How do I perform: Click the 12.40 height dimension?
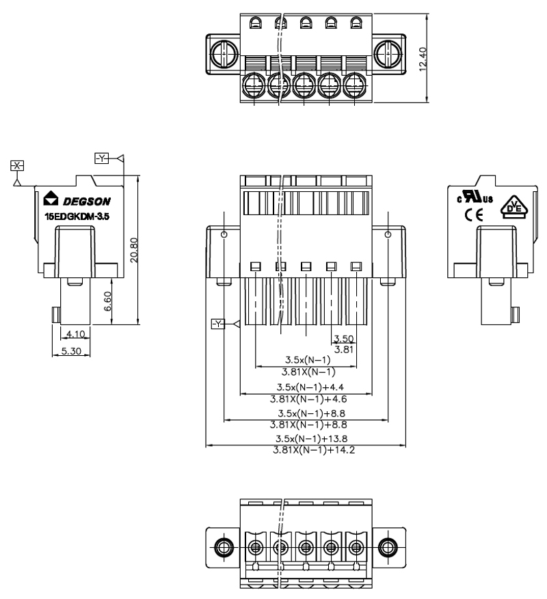click(425, 59)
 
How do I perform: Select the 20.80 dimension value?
click(134, 250)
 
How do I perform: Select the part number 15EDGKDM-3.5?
click(72, 217)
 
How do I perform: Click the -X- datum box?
click(17, 165)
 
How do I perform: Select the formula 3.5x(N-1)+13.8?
click(306, 438)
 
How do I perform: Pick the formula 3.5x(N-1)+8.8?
click(306, 414)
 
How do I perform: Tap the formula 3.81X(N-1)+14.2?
click(306, 451)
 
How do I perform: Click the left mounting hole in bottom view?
click(222, 546)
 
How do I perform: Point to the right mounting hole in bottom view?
click(388, 546)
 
